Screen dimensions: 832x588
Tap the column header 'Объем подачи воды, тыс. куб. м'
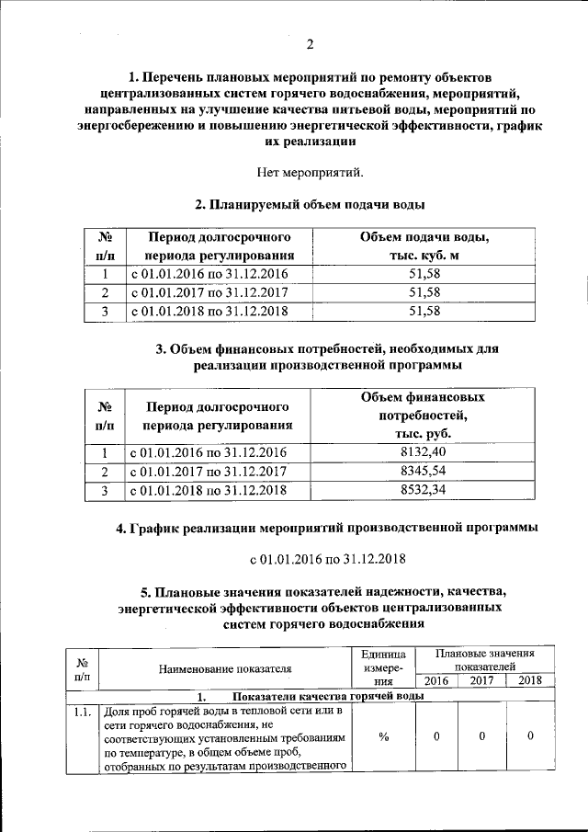(x=424, y=247)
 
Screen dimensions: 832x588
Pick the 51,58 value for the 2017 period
(x=424, y=292)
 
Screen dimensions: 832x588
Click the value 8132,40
(x=424, y=452)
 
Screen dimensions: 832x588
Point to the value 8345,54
(x=424, y=472)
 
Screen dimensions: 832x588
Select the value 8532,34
(x=424, y=491)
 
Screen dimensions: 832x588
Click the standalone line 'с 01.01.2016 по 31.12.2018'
(x=328, y=558)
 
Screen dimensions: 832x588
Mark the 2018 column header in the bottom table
(x=530, y=680)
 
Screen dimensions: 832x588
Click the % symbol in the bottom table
(x=383, y=736)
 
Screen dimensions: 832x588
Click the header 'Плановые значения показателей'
(x=484, y=658)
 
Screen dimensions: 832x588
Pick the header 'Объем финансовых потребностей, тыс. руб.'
(x=424, y=416)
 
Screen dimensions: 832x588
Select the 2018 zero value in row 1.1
(x=531, y=736)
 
